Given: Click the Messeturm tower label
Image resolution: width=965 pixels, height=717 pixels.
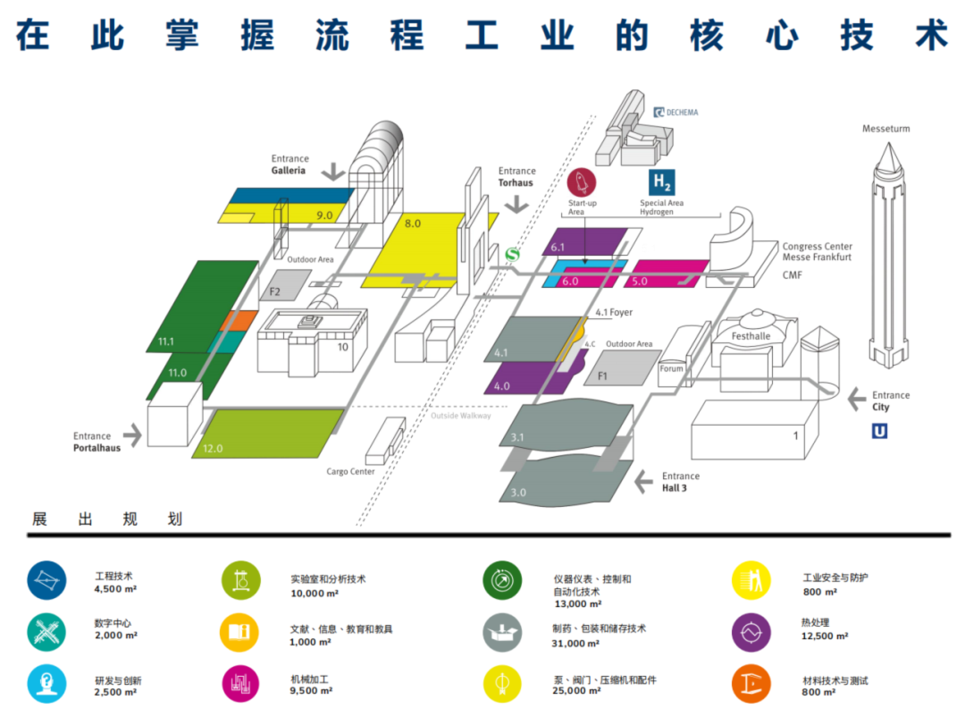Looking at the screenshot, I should coord(885,129).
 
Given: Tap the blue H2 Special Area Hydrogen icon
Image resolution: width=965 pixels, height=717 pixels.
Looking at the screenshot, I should coord(661,182).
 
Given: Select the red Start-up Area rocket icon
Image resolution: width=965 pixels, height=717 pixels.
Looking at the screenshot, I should coord(582,182).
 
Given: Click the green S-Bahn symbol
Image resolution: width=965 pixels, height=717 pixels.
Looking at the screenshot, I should coord(513,255).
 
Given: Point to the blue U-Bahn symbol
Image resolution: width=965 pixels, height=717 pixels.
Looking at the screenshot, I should coord(880,431).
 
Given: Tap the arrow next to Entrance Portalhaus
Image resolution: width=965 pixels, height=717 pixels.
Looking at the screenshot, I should coord(132,435).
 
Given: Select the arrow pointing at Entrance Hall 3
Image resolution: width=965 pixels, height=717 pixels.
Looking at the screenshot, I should coord(643,483).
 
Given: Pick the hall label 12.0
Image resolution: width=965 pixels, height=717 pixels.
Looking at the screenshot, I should coord(213,448).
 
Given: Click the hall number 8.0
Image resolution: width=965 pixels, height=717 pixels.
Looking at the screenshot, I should coord(412,223).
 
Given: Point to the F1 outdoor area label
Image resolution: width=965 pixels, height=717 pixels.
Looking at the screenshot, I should coord(601,376).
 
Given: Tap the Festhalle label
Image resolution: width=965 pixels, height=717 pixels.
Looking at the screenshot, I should coord(751,336).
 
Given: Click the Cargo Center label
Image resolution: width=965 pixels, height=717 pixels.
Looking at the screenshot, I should coord(350,471).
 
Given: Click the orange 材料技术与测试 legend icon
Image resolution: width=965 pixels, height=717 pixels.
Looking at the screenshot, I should coord(751,684).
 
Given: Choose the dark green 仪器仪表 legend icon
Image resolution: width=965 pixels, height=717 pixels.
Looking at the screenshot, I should coord(502,580).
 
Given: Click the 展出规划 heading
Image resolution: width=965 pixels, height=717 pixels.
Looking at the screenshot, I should coord(106,519).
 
